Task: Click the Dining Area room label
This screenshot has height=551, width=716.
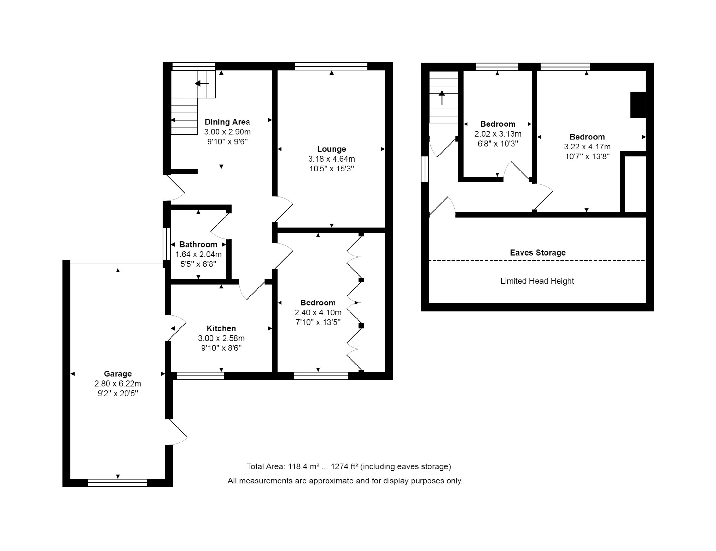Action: point(227,122)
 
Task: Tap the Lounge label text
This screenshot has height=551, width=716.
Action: point(332,149)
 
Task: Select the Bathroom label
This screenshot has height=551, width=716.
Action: point(198,245)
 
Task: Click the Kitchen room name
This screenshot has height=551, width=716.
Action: point(221,328)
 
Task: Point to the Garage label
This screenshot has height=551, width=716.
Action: point(118,374)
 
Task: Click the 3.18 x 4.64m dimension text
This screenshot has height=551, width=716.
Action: point(332,159)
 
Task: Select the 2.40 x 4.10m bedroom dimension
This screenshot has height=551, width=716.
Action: point(318,312)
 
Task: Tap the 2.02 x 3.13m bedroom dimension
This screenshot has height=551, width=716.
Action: point(498,134)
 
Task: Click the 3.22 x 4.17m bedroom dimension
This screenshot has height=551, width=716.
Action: point(587,147)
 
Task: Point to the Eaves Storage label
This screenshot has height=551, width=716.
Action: point(538,253)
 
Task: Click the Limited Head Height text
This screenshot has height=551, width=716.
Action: point(537,281)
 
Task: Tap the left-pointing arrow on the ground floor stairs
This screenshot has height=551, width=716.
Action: point(202,84)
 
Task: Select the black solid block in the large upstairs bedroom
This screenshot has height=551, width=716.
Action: point(638,105)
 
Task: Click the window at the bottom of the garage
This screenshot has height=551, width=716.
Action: point(117,483)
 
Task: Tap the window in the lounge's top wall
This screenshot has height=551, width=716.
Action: point(331,67)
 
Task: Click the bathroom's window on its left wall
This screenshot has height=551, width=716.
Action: point(167,244)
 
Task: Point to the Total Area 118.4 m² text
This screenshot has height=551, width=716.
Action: point(349,467)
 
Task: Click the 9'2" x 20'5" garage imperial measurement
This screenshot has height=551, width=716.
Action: point(118,393)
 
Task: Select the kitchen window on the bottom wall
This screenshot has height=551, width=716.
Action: point(200,376)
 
